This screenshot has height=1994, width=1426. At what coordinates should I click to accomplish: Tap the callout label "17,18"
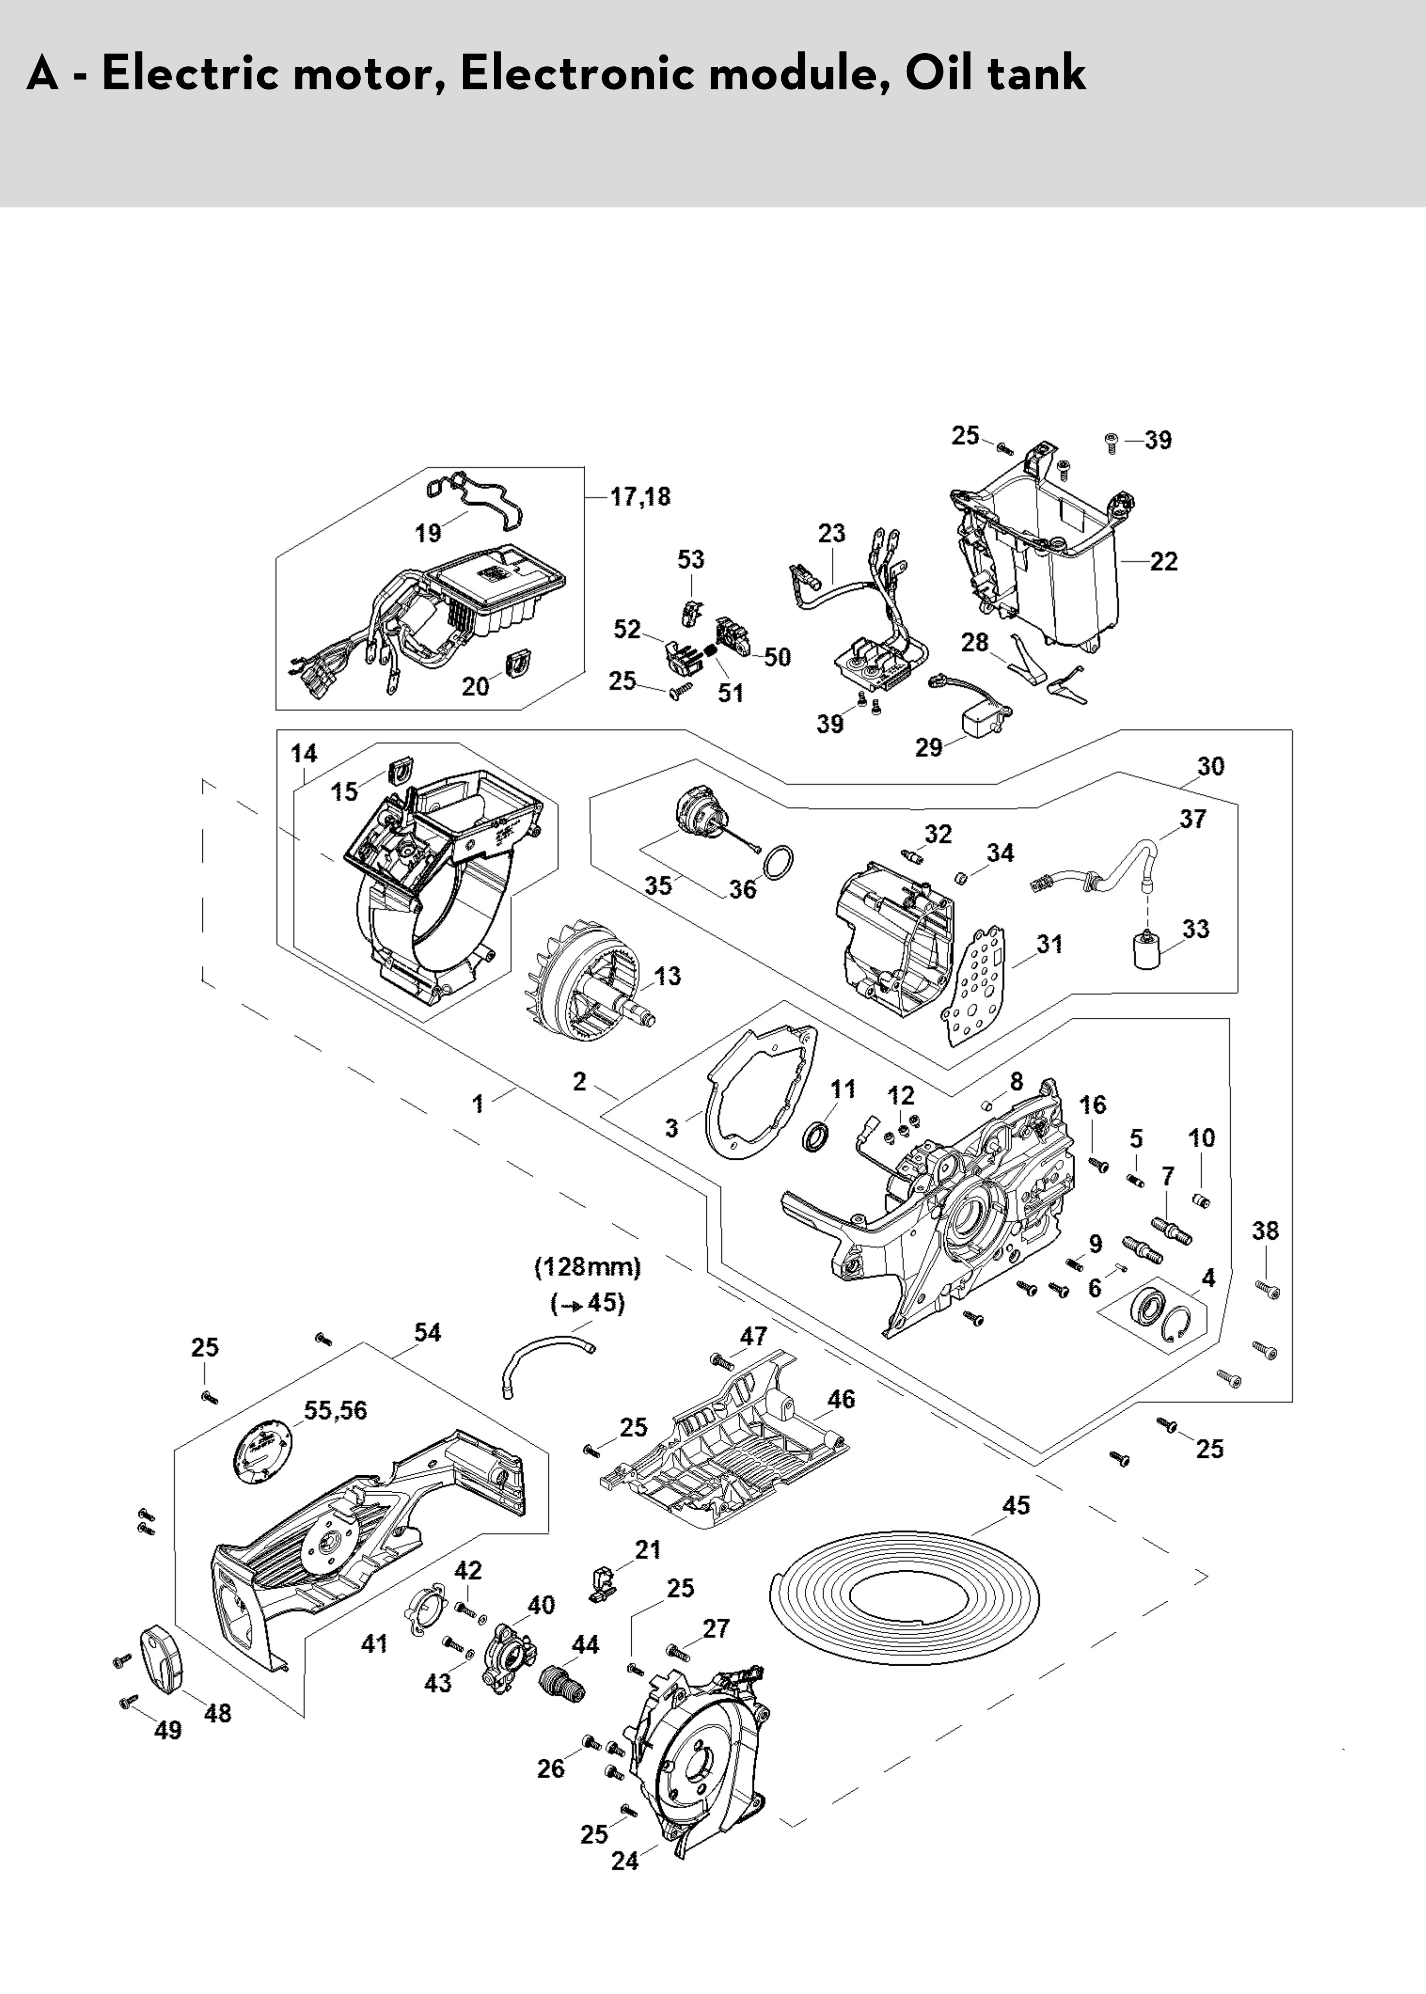[640, 497]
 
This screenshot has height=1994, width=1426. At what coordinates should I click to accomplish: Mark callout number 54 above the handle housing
[428, 1333]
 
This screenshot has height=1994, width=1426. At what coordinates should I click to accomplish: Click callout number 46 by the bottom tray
[841, 1400]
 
